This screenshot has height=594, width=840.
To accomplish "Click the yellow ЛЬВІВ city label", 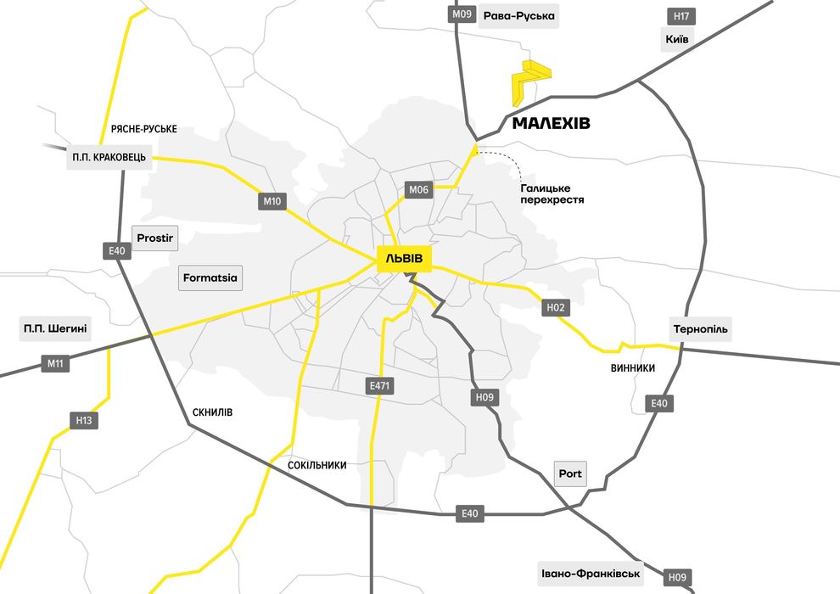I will tap(404, 258).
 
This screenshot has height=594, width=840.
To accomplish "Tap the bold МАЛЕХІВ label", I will tap(551, 124).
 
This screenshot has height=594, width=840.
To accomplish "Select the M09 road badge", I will tap(462, 14).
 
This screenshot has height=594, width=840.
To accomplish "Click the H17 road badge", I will tap(681, 16).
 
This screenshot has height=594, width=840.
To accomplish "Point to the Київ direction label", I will tap(679, 39).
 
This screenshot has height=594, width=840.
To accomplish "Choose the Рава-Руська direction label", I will tap(518, 16).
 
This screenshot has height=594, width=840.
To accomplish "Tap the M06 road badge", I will tap(419, 190).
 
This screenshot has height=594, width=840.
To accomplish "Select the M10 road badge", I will tap(272, 201).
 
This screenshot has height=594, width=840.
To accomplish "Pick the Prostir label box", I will tap(155, 238).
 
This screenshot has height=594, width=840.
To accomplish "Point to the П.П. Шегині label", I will tap(55, 329).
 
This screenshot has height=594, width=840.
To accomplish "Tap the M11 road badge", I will tap(55, 364).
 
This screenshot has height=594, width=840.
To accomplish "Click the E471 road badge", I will tap(379, 386).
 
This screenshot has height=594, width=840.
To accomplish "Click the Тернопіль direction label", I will tap(700, 329).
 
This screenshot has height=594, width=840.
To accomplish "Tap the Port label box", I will tap(570, 474).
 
